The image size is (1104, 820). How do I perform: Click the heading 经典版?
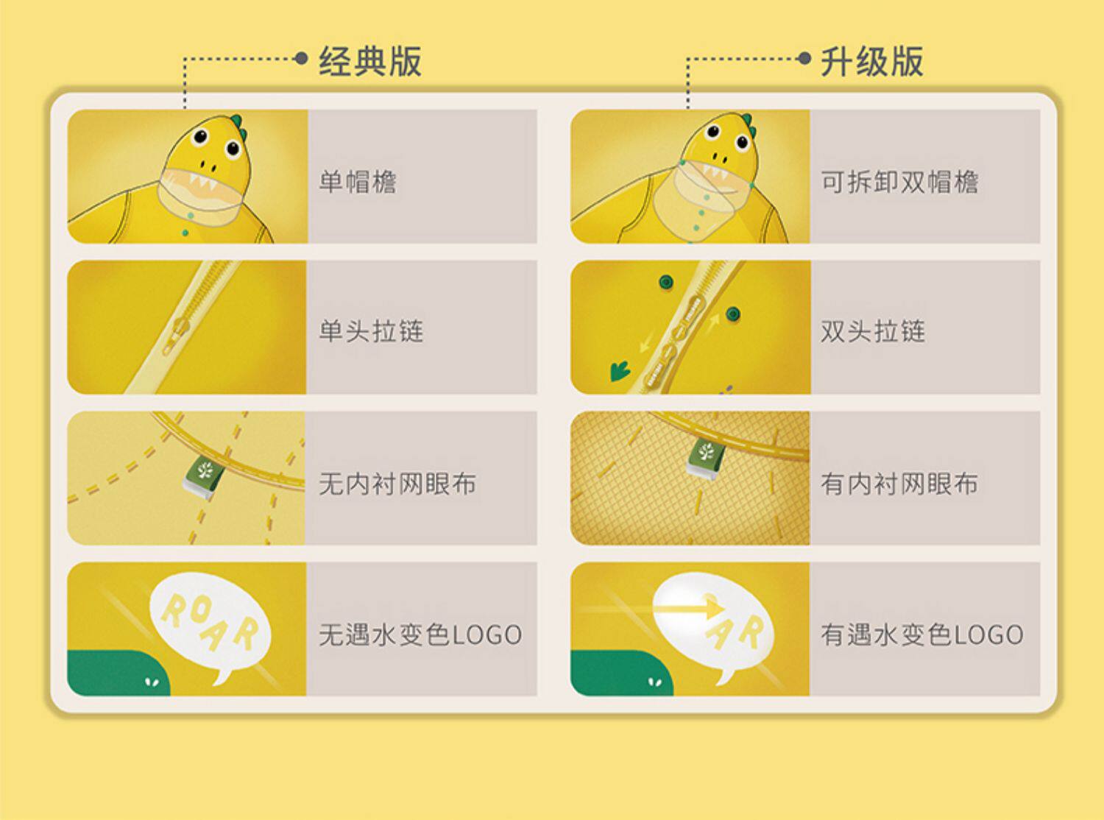pos(370,61)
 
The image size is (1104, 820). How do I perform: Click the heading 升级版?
pos(872,61)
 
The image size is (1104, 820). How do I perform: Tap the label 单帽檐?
pos(358,182)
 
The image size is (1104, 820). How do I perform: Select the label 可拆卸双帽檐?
pos(899,182)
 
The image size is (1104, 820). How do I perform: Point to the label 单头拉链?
pos(371,331)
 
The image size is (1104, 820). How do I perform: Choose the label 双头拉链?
pos(873,331)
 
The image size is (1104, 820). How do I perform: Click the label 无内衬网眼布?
pos(397,484)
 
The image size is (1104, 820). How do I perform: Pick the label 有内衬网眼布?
pos(899,484)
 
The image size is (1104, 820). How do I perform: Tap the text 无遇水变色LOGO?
pos(420,635)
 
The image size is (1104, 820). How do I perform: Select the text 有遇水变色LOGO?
pos(922,635)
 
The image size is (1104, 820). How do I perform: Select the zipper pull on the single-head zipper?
pos(176,335)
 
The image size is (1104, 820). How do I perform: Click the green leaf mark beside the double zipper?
pos(620,371)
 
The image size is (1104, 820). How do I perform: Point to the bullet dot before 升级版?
pos(804,59)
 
